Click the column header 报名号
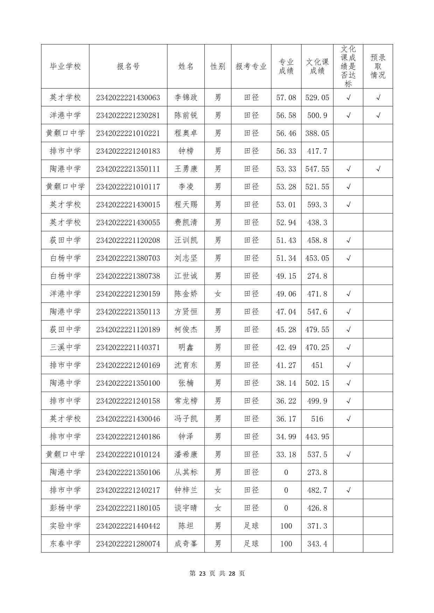[x=128, y=66]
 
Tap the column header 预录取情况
[x=378, y=66]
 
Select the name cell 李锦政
[x=186, y=98]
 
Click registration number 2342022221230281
[x=128, y=115]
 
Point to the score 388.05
[x=317, y=133]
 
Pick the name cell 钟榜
[x=186, y=151]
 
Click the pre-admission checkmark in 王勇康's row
[x=378, y=169]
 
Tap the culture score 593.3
[x=317, y=205]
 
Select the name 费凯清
[x=186, y=222]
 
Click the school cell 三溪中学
[x=65, y=347]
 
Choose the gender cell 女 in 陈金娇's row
[x=218, y=294]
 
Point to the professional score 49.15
[x=286, y=276]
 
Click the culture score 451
[x=317, y=365]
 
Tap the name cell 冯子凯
[x=186, y=419]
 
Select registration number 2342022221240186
[x=128, y=436]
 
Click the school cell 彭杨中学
[x=65, y=508]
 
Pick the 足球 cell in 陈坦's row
[x=251, y=526]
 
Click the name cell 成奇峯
[x=186, y=543]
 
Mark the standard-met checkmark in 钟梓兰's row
[x=348, y=490]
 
